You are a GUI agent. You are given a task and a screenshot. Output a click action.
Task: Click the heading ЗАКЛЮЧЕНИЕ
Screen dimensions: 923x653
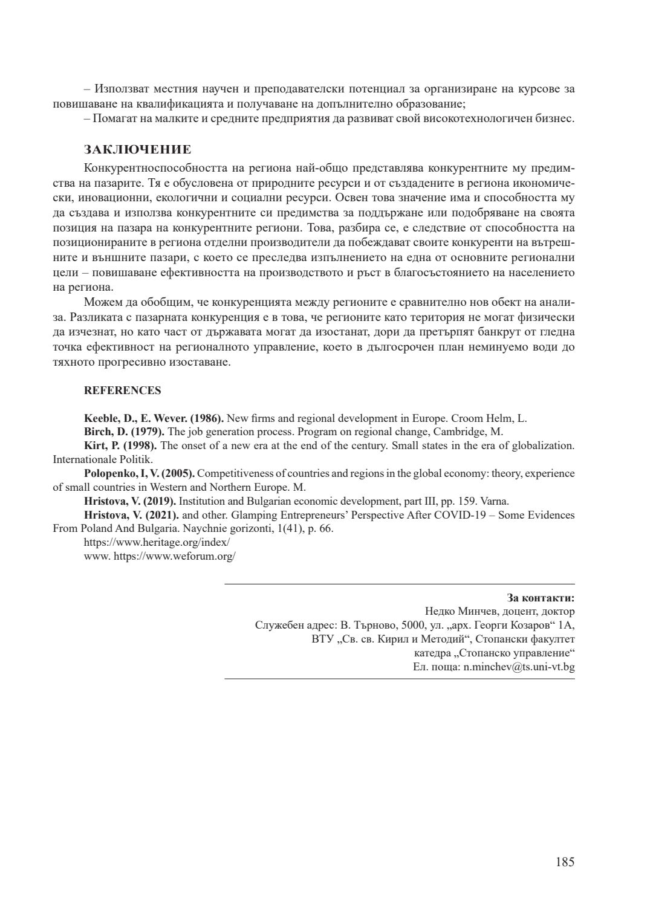[x=137, y=150]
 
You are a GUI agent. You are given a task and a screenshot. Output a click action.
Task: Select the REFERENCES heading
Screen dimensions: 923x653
[x=122, y=390]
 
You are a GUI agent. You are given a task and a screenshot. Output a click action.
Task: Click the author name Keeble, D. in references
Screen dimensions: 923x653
[x=102, y=418]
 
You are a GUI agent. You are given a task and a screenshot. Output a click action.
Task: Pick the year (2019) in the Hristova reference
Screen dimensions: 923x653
[x=159, y=501]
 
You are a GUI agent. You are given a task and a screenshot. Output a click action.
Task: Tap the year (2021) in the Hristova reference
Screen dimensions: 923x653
[x=159, y=515]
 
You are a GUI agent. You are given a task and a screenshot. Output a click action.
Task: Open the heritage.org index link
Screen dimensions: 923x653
[x=157, y=543]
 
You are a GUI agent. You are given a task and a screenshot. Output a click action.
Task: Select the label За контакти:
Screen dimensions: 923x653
[x=541, y=598]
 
